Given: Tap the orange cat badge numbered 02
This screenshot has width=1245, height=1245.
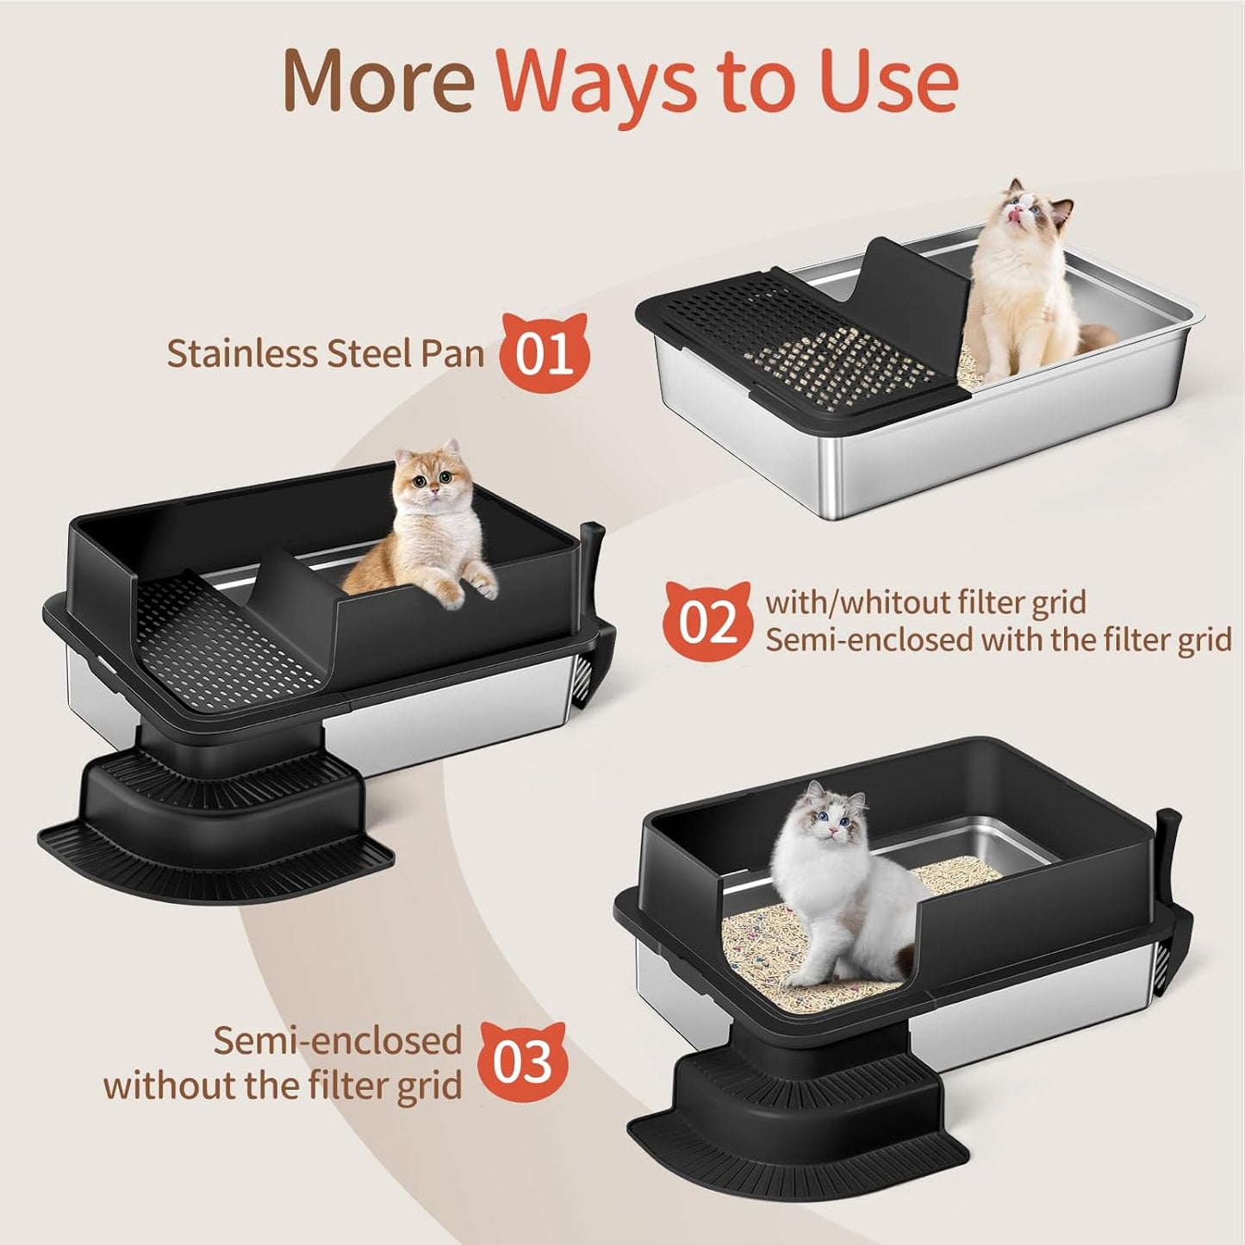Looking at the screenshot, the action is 709,620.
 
